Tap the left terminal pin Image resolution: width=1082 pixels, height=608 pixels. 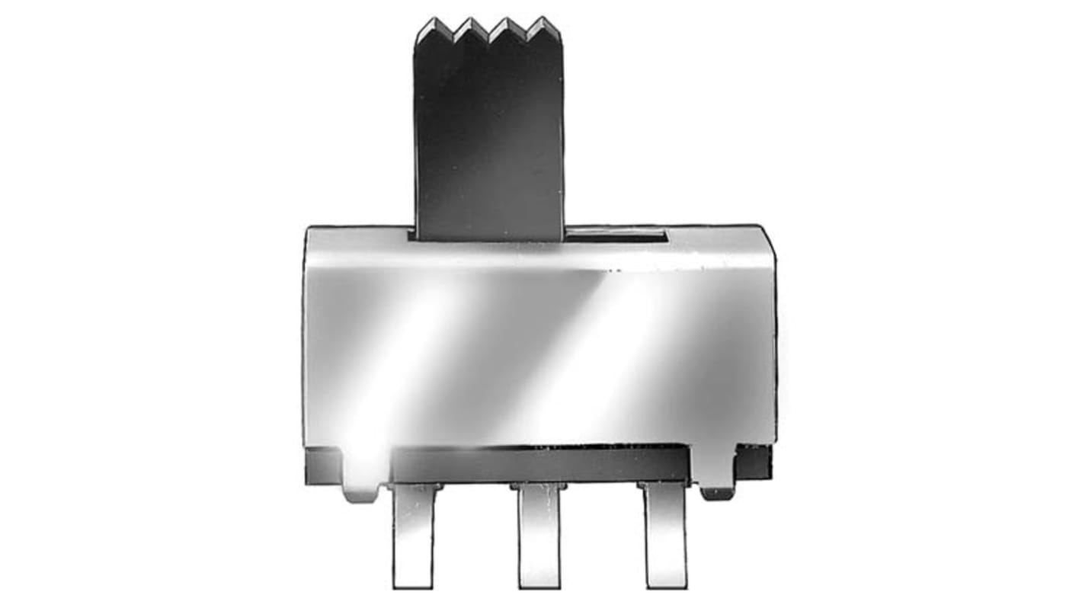[x=414, y=537]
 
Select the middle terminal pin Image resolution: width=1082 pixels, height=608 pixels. [x=539, y=537]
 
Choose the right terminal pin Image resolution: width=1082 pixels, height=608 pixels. [x=664, y=537]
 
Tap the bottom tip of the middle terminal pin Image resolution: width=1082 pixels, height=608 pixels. [x=539, y=583]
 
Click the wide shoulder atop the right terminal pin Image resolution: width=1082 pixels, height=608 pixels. [x=664, y=486]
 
